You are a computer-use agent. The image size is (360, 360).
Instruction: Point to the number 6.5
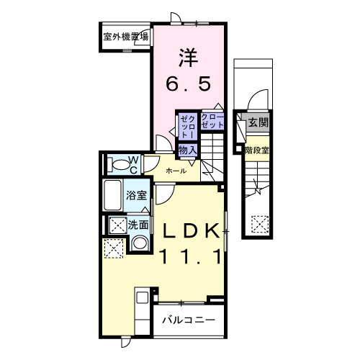pos(189,85)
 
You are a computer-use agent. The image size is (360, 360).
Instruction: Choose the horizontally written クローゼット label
pos(212,121)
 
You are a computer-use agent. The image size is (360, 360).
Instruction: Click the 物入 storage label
pos(187,149)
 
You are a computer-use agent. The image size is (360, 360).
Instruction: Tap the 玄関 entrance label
pos(258,123)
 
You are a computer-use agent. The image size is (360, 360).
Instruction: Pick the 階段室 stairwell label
pos(256,150)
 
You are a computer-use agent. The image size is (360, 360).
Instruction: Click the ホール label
pos(176,171)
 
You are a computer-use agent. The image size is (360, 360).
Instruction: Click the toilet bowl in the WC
pos(116,164)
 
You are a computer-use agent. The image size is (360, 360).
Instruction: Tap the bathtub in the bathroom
pos(114,195)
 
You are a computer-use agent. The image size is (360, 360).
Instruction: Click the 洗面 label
pos(138,225)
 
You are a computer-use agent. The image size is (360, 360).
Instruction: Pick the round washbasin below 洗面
pos(140,243)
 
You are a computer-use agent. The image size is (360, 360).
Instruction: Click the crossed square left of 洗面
pos(116,225)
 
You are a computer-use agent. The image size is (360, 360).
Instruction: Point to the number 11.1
pos(190,256)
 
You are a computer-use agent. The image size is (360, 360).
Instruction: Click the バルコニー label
pos(187,319)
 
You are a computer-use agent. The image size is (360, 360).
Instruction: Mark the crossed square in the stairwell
pos(259,225)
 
